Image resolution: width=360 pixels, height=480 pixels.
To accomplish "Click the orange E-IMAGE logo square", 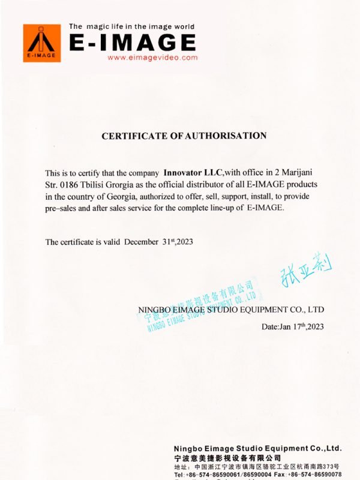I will (x=42, y=43).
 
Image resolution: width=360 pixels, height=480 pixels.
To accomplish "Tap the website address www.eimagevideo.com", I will (x=152, y=58).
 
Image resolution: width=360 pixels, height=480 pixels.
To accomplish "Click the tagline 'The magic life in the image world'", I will (x=131, y=26).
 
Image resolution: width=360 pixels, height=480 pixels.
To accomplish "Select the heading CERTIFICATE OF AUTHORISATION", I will (x=184, y=136).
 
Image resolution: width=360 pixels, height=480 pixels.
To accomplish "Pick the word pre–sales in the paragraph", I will (x=63, y=208).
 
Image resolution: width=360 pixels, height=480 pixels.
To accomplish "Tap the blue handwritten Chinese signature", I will (x=305, y=271).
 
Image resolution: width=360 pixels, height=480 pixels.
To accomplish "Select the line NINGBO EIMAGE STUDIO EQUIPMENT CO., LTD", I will (x=231, y=310).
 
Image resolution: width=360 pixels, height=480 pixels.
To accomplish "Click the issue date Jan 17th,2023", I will (x=292, y=327).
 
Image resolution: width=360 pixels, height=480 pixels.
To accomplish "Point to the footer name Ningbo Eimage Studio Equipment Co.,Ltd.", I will (x=257, y=448).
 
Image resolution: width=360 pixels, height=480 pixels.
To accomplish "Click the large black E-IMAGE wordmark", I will (x=132, y=42).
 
